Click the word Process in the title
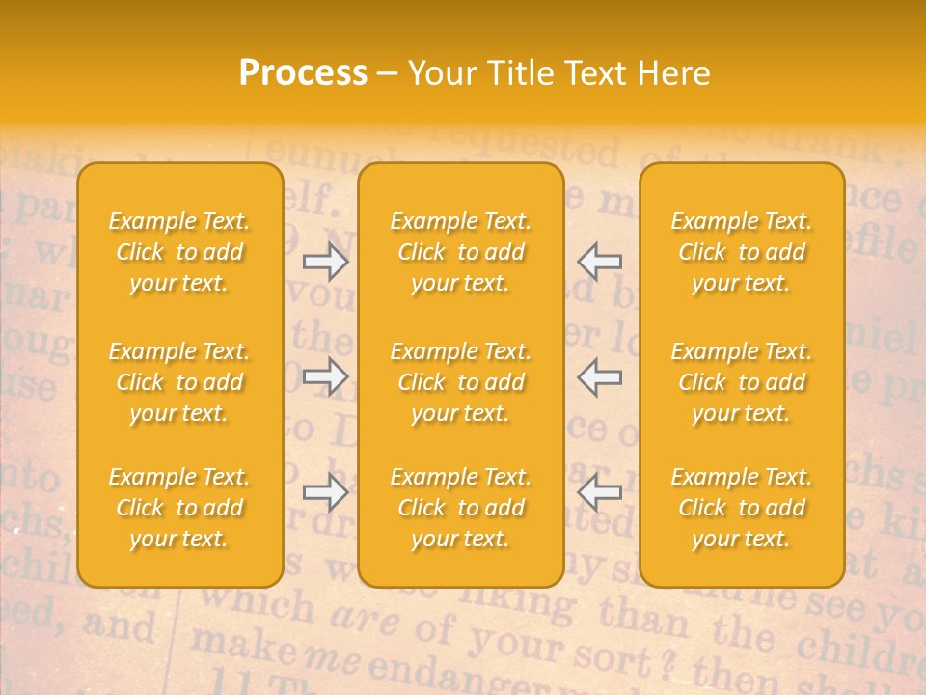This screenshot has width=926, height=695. pyautogui.click(x=303, y=73)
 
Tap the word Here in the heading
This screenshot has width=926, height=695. pyautogui.click(x=674, y=73)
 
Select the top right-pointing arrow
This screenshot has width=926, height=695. pyautogui.click(x=326, y=262)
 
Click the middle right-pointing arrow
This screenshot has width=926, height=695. pyautogui.click(x=326, y=376)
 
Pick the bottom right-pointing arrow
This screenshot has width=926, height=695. pyautogui.click(x=326, y=492)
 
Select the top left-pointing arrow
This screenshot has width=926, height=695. pyautogui.click(x=599, y=262)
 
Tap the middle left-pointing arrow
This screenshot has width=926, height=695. pyautogui.click(x=599, y=376)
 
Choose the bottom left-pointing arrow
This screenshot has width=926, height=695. pyautogui.click(x=599, y=492)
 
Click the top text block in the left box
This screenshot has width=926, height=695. pyautogui.click(x=179, y=252)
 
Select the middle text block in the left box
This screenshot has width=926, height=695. pyautogui.click(x=179, y=382)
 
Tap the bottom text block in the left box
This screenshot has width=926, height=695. pyautogui.click(x=179, y=508)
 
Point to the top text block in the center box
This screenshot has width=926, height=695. pyautogui.click(x=460, y=252)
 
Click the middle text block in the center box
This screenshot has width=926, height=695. pyautogui.click(x=460, y=382)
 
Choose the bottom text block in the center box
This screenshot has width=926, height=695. pyautogui.click(x=460, y=508)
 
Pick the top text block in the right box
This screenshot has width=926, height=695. pyautogui.click(x=741, y=252)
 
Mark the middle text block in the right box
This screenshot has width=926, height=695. pyautogui.click(x=741, y=382)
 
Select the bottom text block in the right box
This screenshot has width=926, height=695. pyautogui.click(x=741, y=508)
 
